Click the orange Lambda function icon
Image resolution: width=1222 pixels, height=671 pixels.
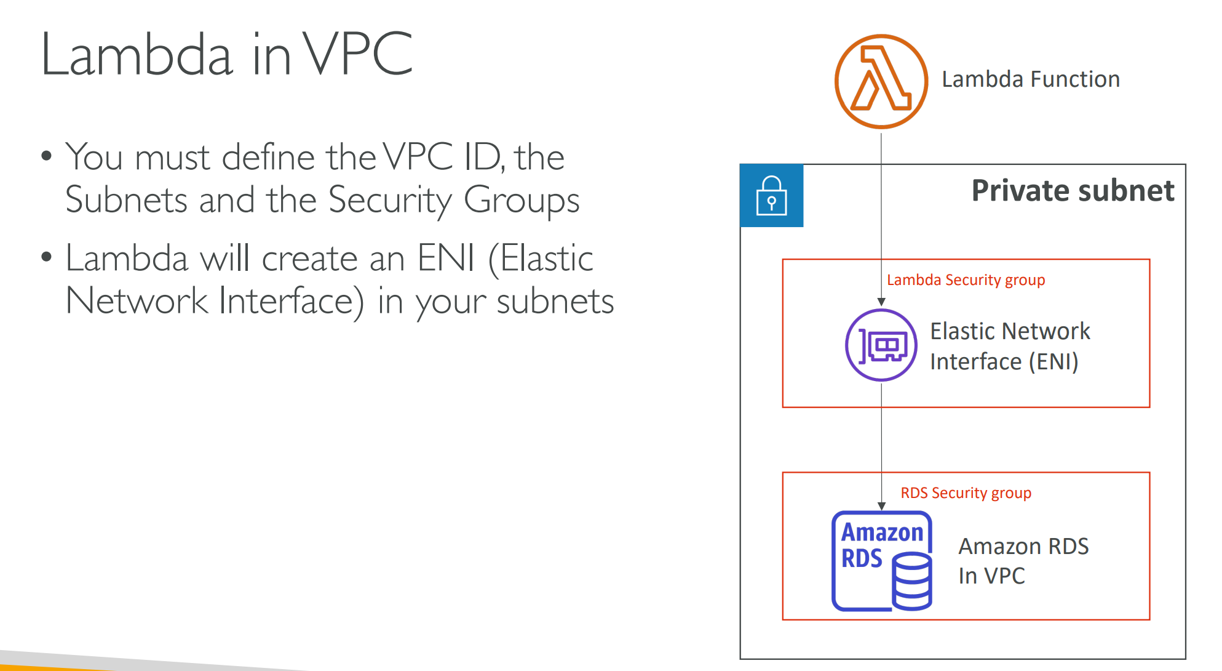pos(881,81)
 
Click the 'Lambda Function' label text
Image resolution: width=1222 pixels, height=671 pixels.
pos(1030,79)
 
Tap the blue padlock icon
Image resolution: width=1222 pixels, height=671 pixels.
pos(771,196)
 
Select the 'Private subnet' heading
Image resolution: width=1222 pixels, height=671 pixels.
pos(1073,190)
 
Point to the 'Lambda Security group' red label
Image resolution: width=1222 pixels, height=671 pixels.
pos(966,280)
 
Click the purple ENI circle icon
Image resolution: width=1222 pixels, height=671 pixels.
pos(881,345)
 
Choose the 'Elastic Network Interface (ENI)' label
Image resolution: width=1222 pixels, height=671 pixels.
pos(1009,346)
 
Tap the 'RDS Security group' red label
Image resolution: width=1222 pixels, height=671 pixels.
pos(966,493)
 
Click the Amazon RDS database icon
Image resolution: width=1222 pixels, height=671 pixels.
pos(881,561)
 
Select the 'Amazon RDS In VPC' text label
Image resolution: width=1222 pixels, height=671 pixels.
pos(1023,561)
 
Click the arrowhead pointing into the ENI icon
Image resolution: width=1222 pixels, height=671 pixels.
pos(881,302)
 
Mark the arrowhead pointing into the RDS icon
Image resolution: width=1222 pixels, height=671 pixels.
pos(881,506)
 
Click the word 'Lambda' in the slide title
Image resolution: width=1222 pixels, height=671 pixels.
pos(137,55)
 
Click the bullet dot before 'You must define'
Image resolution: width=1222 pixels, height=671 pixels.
pos(47,155)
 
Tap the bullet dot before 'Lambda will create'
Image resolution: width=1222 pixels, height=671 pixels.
pos(47,256)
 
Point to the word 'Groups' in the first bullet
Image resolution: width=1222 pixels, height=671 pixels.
pos(522,201)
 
